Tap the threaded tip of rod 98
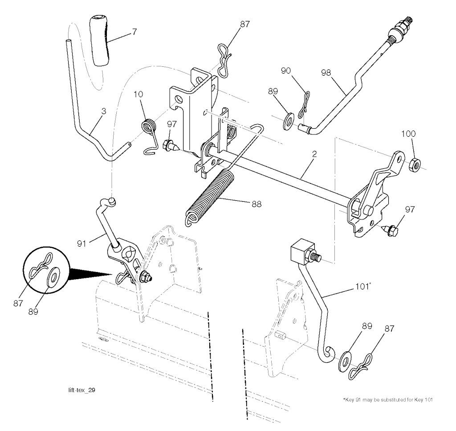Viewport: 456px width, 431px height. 407,20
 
